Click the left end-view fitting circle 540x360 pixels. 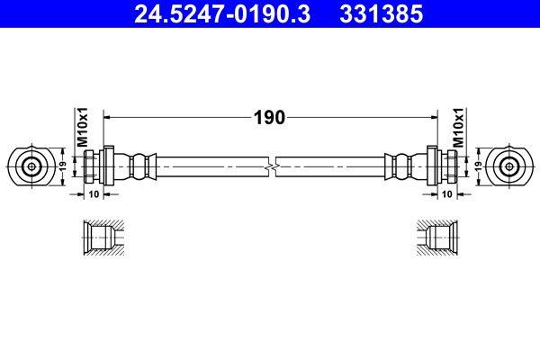31,166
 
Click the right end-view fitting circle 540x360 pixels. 508,166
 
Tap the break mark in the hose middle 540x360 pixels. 270,166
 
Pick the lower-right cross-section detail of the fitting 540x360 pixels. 440,239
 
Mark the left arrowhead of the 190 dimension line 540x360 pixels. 111,117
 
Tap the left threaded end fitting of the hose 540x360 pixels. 95,166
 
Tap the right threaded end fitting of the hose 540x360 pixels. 444,166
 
